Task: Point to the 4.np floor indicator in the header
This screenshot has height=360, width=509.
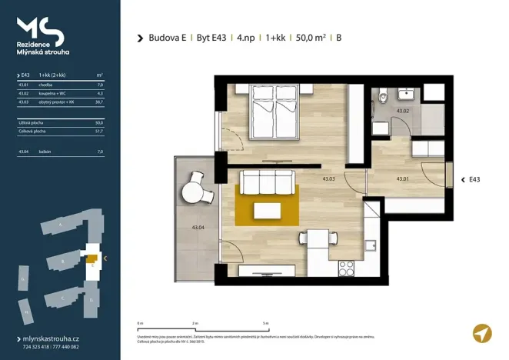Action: [x=248, y=37]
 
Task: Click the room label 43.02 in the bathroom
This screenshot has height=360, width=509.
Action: [x=401, y=111]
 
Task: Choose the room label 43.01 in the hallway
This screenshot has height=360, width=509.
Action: [x=402, y=179]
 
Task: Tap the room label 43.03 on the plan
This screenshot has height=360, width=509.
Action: [x=328, y=179]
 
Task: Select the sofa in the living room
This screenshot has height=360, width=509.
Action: [x=268, y=185]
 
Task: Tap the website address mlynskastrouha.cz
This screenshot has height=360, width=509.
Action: [x=50, y=338]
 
